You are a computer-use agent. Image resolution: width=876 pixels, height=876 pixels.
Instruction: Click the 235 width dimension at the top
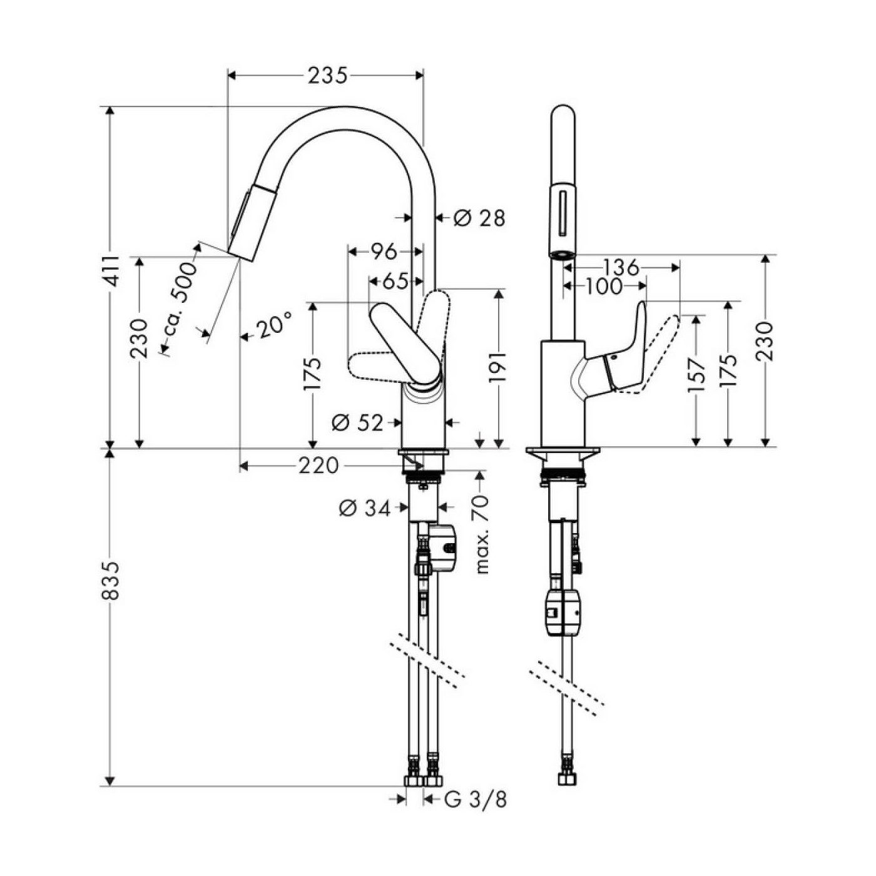327,76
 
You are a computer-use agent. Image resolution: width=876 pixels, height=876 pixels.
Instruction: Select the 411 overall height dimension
111,271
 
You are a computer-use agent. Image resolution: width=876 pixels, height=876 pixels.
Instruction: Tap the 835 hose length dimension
111,580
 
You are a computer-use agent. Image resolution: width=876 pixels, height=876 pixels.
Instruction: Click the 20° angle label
273,326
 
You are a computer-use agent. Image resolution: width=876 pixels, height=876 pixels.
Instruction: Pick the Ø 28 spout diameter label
479,218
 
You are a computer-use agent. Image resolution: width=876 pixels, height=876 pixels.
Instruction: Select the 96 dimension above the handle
384,252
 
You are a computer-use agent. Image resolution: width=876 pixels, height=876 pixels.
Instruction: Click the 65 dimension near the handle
395,282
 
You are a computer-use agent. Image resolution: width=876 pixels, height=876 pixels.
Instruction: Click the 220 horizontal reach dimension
318,466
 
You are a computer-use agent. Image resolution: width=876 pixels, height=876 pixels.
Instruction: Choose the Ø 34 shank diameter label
365,508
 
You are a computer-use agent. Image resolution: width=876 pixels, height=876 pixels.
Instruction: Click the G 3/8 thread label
476,799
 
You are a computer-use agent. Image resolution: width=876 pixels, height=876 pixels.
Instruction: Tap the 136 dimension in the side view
621,267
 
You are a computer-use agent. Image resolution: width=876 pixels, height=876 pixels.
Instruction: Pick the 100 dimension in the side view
604,287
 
